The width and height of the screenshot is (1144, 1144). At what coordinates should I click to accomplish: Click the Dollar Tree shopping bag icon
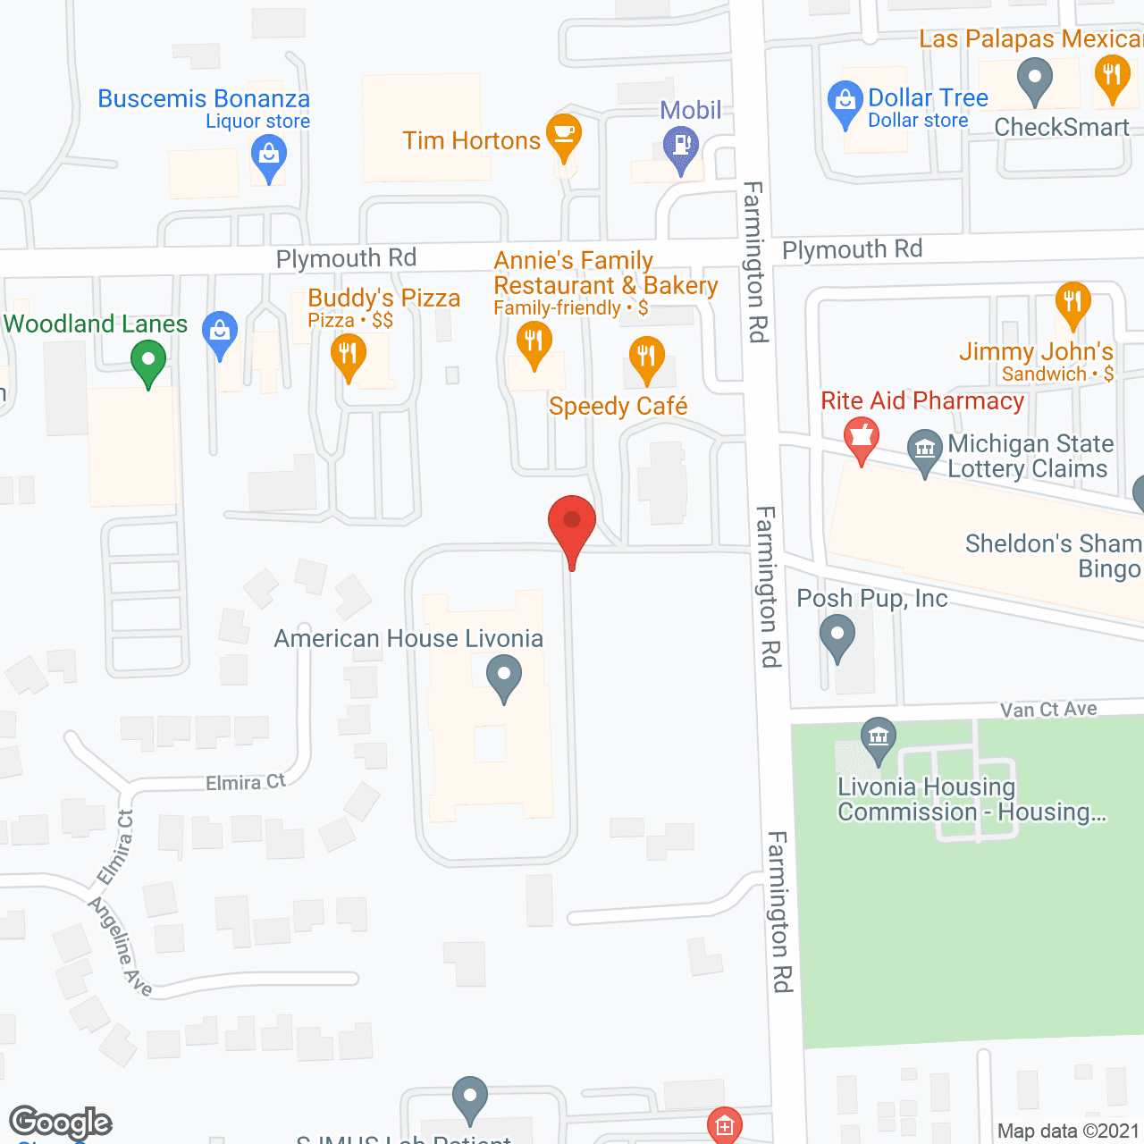(845, 102)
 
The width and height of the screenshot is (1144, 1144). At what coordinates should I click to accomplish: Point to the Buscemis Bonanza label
(204, 99)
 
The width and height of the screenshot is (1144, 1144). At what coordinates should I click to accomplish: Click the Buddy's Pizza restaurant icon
(348, 355)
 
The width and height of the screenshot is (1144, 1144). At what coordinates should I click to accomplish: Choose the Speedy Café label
(618, 407)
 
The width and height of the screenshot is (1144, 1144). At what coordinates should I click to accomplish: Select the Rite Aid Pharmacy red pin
(862, 439)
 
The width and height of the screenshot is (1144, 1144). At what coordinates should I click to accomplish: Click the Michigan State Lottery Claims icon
(924, 450)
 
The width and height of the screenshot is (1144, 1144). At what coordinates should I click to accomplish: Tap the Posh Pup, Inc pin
(837, 638)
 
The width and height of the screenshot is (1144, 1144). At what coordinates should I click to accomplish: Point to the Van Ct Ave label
(1048, 710)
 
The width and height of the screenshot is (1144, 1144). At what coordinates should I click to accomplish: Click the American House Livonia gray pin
(504, 677)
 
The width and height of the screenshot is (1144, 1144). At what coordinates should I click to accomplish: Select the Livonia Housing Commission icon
(879, 738)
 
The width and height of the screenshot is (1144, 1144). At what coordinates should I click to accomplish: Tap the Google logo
(60, 1123)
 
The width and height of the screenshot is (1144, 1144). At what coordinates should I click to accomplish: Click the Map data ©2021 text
(1068, 1131)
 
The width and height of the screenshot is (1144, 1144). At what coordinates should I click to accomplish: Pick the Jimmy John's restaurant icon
(1072, 303)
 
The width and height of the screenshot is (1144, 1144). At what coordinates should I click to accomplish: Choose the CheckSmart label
(1062, 128)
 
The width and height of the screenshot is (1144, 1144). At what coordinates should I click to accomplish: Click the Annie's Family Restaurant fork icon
(534, 343)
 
